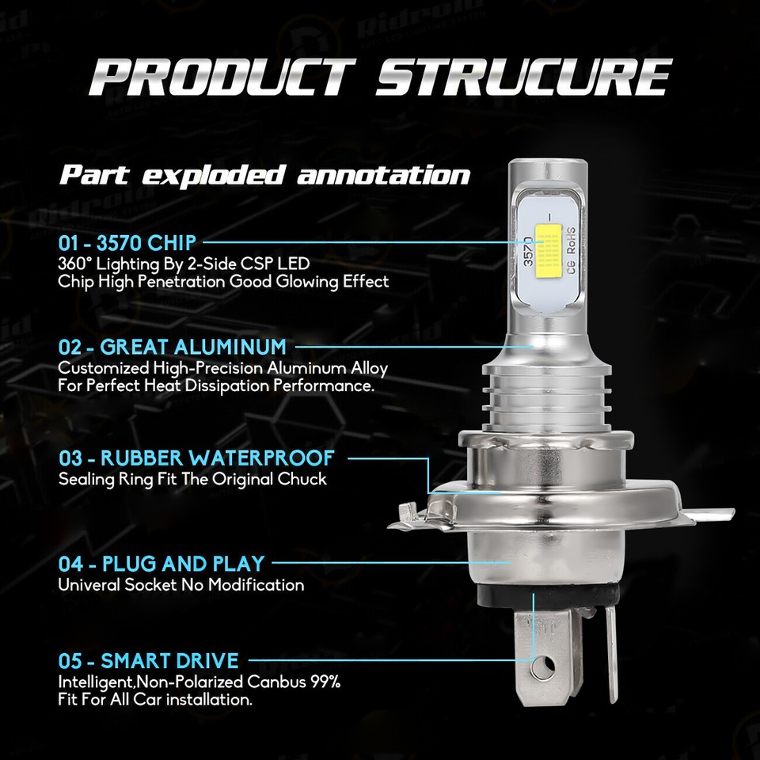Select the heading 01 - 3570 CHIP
[126, 241]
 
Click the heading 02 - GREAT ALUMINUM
[172, 347]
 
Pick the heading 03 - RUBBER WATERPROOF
[196, 458]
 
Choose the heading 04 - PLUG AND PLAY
[161, 564]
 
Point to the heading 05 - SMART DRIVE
[148, 660]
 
